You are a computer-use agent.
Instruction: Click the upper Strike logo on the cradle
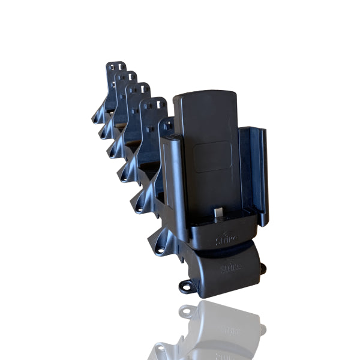pos(226,240)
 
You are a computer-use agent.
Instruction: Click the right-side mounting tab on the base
pos(262,269)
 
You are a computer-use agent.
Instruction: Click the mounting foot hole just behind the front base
pos(159,244)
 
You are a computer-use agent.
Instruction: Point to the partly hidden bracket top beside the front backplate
pos(167,124)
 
